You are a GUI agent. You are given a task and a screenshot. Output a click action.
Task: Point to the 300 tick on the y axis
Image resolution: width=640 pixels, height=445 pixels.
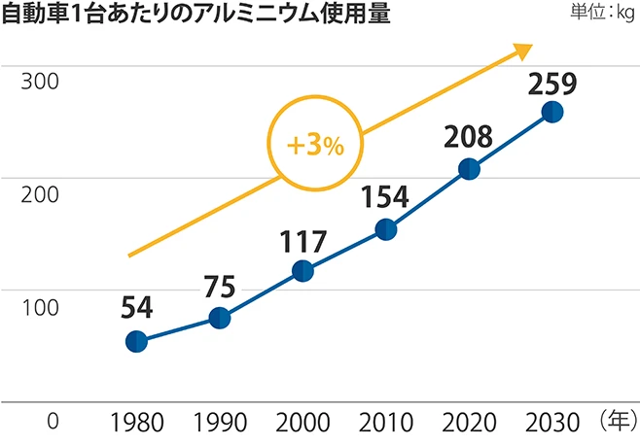[x=41, y=81]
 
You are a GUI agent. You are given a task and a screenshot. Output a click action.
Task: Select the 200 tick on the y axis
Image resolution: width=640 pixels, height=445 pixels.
[x=41, y=192]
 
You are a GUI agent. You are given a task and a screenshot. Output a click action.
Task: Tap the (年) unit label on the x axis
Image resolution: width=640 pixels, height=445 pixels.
[x=617, y=421]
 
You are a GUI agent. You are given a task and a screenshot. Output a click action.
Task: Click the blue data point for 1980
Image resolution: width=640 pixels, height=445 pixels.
[x=137, y=341]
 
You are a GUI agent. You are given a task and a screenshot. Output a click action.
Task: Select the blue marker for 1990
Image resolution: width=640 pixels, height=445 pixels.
[x=220, y=318]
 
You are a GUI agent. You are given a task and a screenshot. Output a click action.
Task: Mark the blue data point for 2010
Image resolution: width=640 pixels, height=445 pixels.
[x=385, y=229]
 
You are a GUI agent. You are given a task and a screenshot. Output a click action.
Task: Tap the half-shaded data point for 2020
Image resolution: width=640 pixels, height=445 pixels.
[x=469, y=169]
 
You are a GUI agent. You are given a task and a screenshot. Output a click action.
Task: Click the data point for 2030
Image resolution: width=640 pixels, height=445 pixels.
[x=551, y=112]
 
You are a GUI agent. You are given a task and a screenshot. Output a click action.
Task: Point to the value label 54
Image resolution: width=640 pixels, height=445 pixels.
[x=137, y=308]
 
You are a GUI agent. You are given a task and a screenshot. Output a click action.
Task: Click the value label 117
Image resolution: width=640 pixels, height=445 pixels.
[x=302, y=239]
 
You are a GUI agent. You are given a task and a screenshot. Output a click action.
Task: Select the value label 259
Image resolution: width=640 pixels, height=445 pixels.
[x=551, y=81]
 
